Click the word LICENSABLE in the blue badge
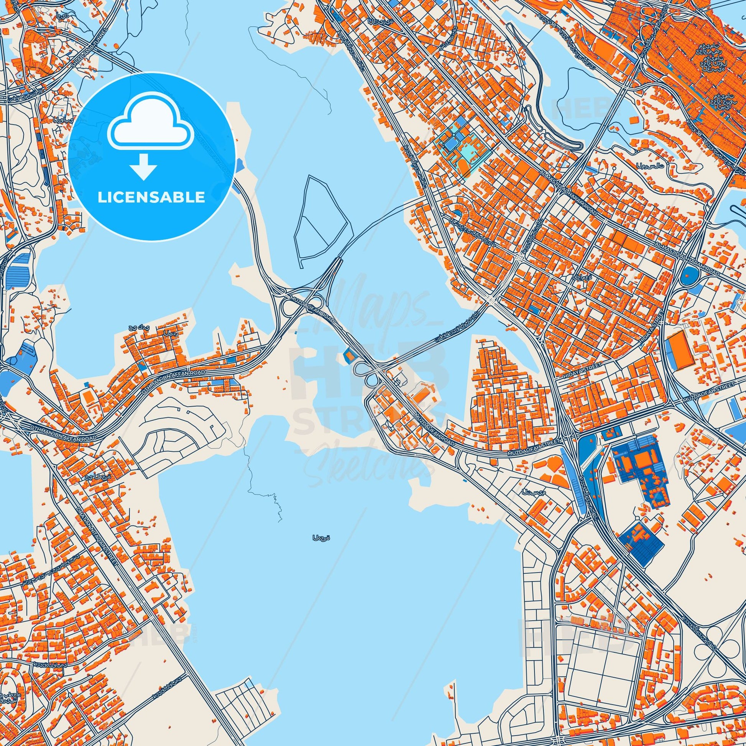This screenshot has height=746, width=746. pos(151,197)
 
